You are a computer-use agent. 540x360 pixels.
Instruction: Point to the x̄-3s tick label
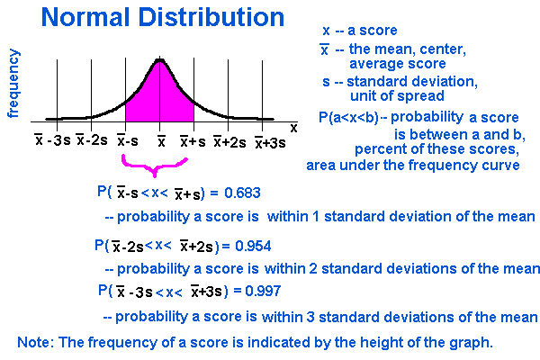(x=52, y=141)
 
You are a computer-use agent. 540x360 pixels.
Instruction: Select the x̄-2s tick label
(x=93, y=141)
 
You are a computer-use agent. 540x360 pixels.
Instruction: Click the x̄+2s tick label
(x=229, y=141)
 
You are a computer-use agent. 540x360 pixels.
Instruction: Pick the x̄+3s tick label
(x=270, y=142)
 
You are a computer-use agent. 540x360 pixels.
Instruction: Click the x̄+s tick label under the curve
(x=192, y=141)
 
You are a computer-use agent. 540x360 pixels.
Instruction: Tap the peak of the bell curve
(x=160, y=61)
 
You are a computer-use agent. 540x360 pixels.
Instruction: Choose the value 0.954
(x=252, y=246)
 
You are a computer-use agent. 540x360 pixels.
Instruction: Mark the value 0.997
(x=262, y=292)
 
